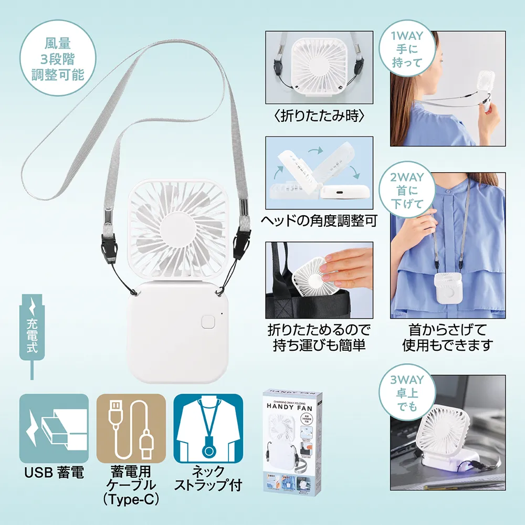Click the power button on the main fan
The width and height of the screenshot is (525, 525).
tap(209, 321)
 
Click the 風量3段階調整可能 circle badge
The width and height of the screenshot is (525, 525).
tap(58, 57)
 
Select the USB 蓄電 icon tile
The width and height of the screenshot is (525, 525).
tap(54, 428)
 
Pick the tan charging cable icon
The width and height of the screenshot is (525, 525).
tap(131, 428)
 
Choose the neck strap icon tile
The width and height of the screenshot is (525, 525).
tap(208, 428)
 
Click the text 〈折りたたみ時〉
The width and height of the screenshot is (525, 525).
tap(319, 116)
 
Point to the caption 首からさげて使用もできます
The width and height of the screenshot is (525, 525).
tap(447, 337)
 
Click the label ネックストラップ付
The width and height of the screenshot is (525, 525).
tap(208, 477)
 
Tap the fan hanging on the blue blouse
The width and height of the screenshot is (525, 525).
tap(447, 288)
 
